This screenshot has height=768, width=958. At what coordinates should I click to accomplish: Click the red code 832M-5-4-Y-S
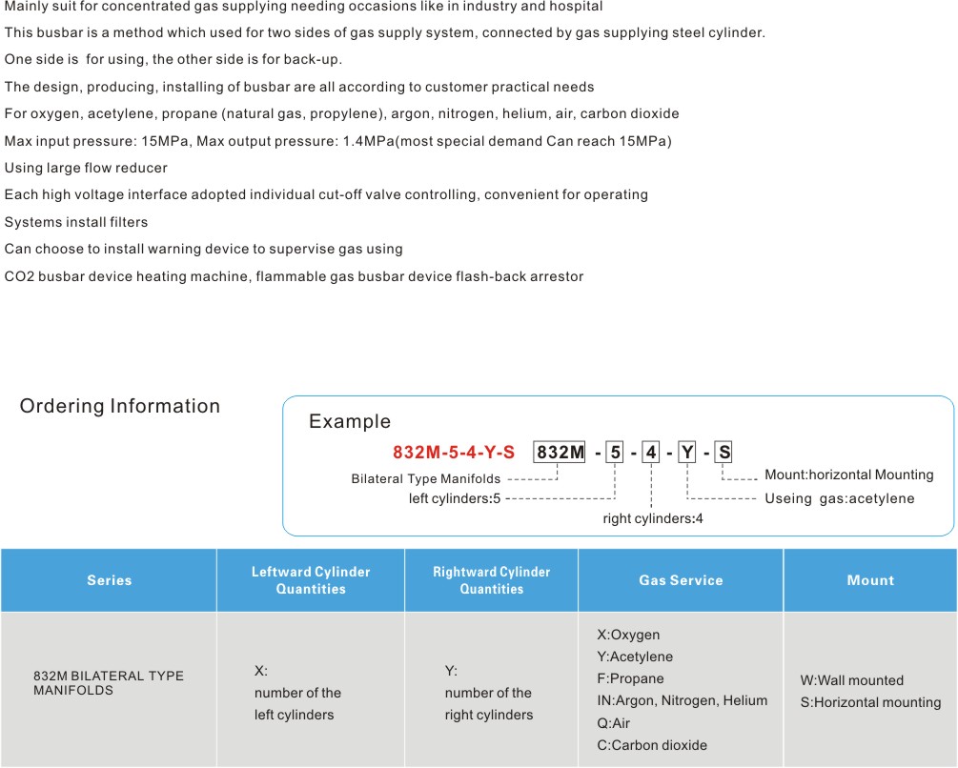454,453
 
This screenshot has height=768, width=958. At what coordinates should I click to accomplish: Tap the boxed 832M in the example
560,452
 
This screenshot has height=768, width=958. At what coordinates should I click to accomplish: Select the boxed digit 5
615,452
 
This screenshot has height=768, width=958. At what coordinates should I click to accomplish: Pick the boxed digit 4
651,452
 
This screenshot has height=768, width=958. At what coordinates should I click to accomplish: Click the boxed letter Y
687,452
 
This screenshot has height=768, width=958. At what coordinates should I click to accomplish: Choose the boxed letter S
724,452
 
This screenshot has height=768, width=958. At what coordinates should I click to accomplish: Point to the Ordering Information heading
120,406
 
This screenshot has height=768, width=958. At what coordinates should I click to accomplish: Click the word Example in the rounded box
350,421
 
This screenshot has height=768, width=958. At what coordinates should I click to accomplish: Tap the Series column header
109,580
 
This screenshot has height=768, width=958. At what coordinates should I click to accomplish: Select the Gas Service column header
681,580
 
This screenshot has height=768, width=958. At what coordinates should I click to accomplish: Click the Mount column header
870,580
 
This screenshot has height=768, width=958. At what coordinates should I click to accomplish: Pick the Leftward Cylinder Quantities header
311,580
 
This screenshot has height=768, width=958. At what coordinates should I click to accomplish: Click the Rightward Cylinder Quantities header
492,580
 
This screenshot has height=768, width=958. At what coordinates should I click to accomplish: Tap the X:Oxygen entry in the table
628,635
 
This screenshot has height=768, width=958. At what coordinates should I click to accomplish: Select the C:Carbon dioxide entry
652,745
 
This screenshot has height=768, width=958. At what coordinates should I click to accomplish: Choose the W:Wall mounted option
852,680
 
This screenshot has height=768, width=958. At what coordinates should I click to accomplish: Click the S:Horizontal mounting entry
870,702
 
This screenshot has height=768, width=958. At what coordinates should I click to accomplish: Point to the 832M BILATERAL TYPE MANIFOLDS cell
109,683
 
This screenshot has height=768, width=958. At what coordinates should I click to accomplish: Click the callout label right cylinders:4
653,519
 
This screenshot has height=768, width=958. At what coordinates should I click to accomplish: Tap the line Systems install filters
76,222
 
